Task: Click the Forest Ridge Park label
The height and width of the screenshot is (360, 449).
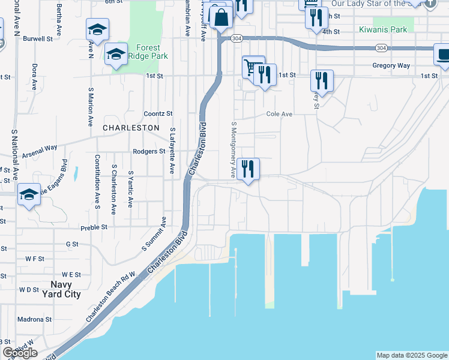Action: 148,52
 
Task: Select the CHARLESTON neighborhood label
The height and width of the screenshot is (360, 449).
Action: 131,128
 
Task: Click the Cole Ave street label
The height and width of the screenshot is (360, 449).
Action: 279,113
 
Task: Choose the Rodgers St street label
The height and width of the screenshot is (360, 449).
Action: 149,151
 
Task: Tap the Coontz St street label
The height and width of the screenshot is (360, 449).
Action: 158,113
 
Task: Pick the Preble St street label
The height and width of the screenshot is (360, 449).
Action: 95,227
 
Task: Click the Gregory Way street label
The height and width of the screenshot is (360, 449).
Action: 391,65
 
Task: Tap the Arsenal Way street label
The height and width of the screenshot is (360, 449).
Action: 40,151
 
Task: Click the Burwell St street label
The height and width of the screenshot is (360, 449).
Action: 38,38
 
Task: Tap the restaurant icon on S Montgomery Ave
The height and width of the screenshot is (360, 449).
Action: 248,169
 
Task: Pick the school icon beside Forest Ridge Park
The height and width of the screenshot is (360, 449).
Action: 116,55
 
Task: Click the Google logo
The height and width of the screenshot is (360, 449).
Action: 20,353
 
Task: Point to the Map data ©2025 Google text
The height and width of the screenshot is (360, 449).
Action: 412,355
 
